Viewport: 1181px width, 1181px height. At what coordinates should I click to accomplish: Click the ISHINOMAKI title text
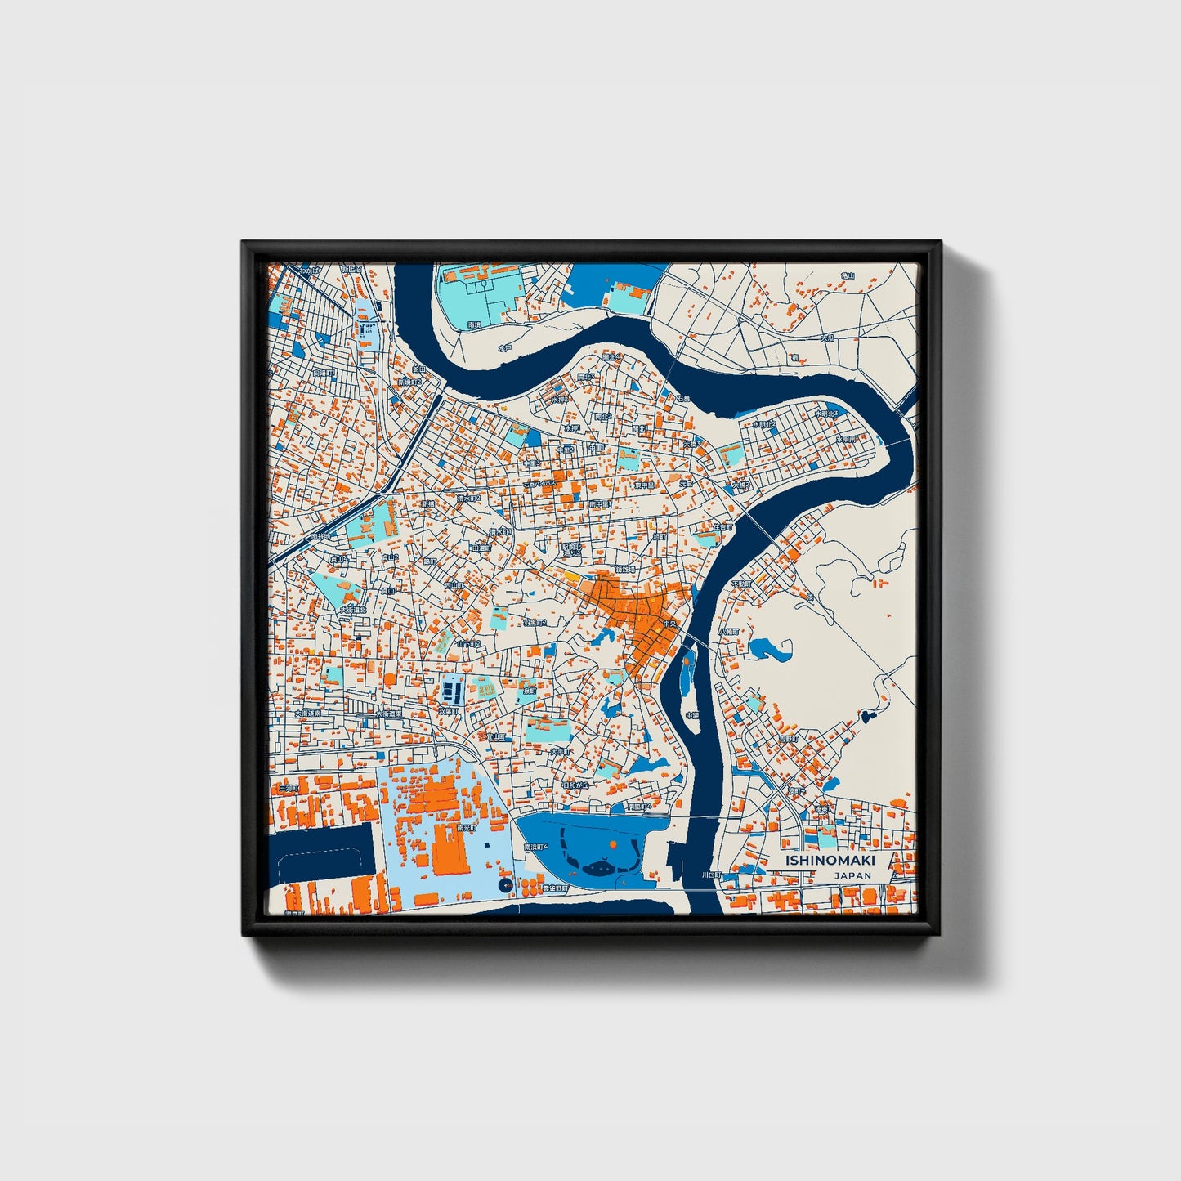coord(830,861)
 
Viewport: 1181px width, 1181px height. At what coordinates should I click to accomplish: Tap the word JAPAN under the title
coord(852,875)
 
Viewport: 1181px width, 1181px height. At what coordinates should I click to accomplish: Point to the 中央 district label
coord(670,624)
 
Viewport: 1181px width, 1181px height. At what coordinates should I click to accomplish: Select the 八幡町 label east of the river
coord(727,632)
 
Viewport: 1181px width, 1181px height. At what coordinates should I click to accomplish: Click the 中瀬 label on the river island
coord(692,715)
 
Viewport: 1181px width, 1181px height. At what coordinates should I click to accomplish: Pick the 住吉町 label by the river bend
coord(722,528)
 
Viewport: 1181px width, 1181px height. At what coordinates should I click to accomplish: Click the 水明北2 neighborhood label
coord(763,425)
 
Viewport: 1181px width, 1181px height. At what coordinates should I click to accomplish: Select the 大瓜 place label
coord(827,337)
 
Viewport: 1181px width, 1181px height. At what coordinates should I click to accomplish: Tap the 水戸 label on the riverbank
coord(504,348)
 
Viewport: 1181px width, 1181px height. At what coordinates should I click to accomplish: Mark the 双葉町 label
coord(449,711)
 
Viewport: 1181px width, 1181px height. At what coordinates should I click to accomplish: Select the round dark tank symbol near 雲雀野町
coord(503,885)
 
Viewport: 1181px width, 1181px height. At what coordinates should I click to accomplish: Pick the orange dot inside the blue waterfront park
coord(612,844)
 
